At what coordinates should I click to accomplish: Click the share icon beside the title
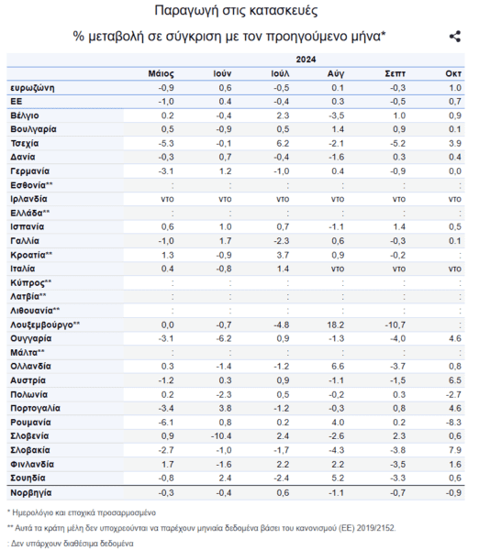[x=455, y=37]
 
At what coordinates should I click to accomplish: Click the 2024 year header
[x=306, y=60]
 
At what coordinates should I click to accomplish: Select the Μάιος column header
[x=161, y=73]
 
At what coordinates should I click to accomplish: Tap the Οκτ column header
[x=453, y=73]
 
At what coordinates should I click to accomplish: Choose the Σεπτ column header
[x=395, y=73]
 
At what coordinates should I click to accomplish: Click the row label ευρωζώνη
[x=32, y=88]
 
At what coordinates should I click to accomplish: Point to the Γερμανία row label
[x=30, y=171]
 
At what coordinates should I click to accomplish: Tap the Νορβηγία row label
[x=31, y=493]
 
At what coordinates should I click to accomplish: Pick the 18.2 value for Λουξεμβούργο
[x=335, y=324]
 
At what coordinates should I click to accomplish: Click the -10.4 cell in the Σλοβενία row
[x=221, y=436]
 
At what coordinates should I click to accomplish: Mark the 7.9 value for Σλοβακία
[x=455, y=450]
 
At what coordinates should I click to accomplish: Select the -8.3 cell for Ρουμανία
[x=453, y=423]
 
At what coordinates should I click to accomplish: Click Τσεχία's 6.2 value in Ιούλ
[x=283, y=144]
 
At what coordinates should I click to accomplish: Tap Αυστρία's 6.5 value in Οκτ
[x=455, y=380]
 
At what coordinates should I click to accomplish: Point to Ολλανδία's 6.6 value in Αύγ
[x=338, y=366]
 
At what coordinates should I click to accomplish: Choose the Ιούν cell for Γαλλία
[x=225, y=241]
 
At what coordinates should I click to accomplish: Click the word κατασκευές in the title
[x=284, y=10]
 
